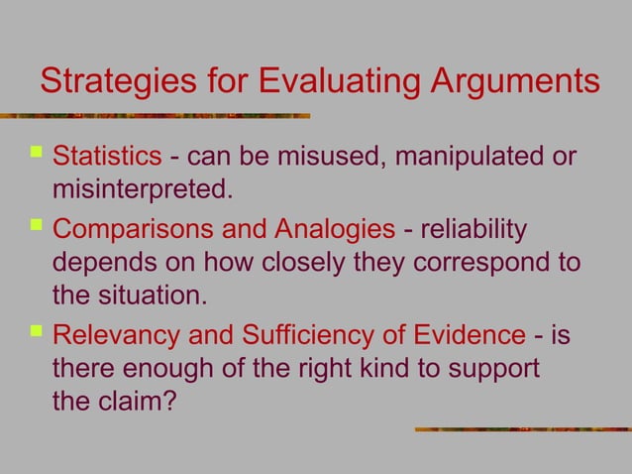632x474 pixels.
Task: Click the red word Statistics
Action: [x=106, y=157]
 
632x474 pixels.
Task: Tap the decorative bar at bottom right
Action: [x=521, y=428]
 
